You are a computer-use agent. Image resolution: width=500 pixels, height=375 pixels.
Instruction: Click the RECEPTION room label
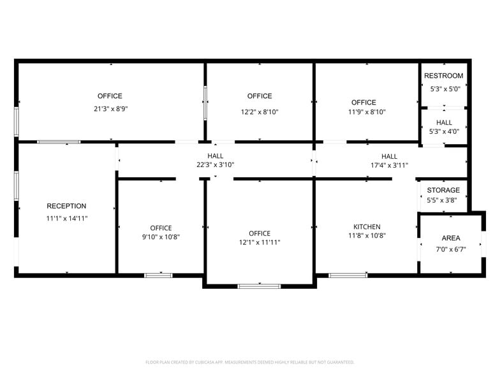[x=66, y=206]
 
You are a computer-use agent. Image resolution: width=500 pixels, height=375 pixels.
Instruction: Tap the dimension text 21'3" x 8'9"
[x=111, y=108]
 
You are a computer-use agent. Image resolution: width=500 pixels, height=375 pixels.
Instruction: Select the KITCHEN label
[x=367, y=226]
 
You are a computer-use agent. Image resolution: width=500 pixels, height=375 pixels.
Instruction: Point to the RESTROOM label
[x=444, y=76]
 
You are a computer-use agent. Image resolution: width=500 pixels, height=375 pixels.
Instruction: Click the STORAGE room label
[x=443, y=190]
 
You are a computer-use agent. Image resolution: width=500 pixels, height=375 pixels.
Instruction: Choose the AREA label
[x=451, y=238]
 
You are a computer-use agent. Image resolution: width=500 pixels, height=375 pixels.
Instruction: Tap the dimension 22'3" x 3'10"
[x=215, y=165]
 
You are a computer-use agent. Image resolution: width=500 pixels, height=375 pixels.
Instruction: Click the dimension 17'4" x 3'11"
[x=389, y=165]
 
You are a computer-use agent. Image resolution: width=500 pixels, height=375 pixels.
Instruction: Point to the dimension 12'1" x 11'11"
[x=260, y=242]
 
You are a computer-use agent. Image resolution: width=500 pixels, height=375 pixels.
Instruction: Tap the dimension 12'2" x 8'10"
[x=260, y=112]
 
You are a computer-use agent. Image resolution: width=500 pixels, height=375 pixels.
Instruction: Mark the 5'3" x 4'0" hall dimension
[x=445, y=131]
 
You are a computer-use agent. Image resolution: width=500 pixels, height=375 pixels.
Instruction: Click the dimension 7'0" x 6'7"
[x=451, y=249]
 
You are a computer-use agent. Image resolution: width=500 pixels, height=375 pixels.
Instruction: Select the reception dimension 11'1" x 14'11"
[x=66, y=218]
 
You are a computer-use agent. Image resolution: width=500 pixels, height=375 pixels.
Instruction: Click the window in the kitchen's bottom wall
[x=348, y=276]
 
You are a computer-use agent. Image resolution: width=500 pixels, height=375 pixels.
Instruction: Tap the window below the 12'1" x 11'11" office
[x=259, y=286]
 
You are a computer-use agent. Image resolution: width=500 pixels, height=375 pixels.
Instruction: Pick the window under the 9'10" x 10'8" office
[x=158, y=276]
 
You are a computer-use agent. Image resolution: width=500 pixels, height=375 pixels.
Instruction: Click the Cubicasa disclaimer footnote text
[x=250, y=362]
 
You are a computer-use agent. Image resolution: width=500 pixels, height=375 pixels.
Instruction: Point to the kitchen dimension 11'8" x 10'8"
[x=367, y=235]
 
